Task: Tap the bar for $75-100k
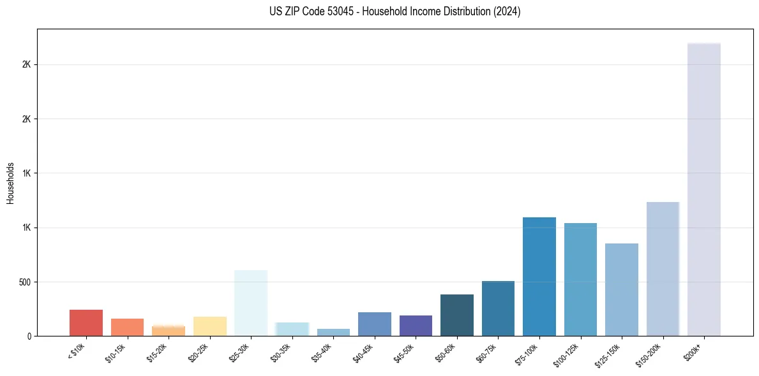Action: [539, 277]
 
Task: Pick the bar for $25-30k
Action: [251, 303]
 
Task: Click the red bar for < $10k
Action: [86, 322]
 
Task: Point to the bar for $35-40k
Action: [333, 332]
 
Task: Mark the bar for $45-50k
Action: [416, 325]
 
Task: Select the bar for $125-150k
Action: [621, 289]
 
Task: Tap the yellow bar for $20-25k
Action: [209, 326]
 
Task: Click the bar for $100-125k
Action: [580, 279]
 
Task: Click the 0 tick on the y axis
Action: [28, 336]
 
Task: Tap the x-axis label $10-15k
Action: [117, 353]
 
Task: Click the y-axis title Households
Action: [10, 183]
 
